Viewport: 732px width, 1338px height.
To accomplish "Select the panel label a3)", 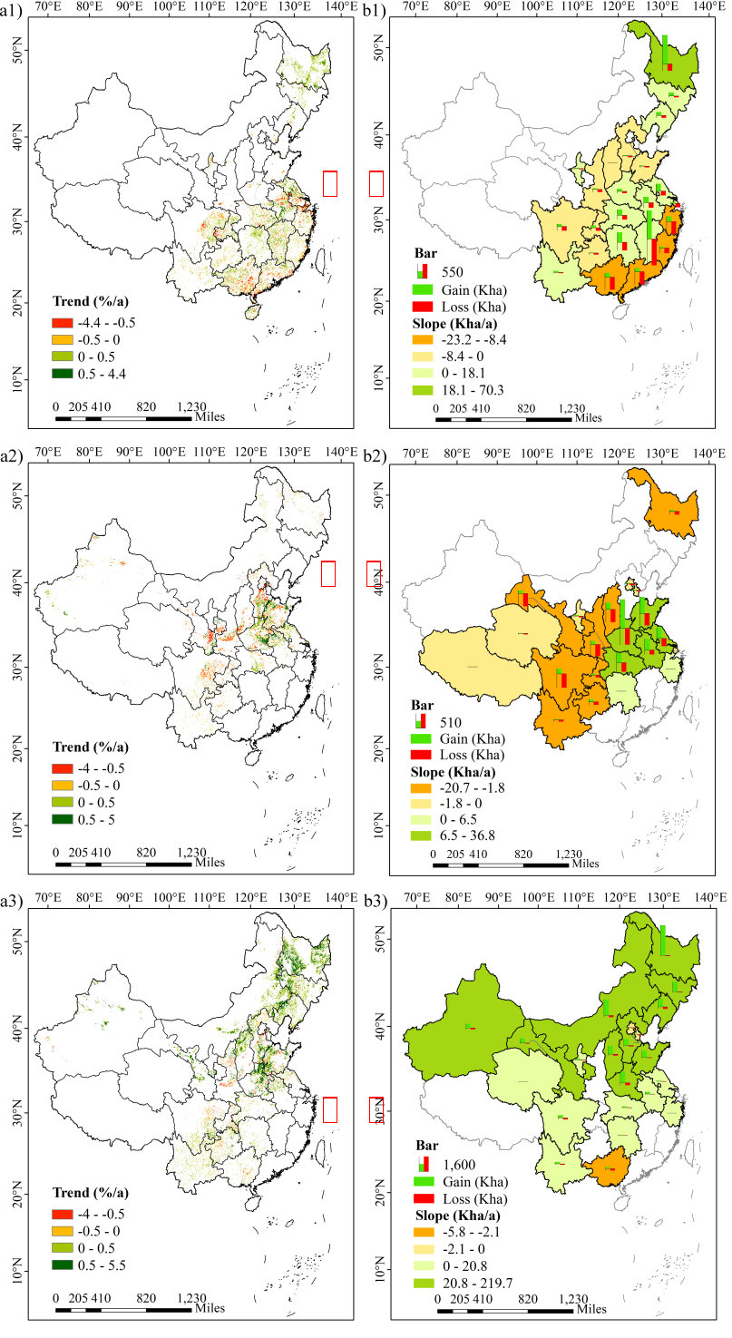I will click(x=13, y=900).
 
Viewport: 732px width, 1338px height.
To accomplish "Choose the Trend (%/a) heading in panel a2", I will click(x=91, y=747).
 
